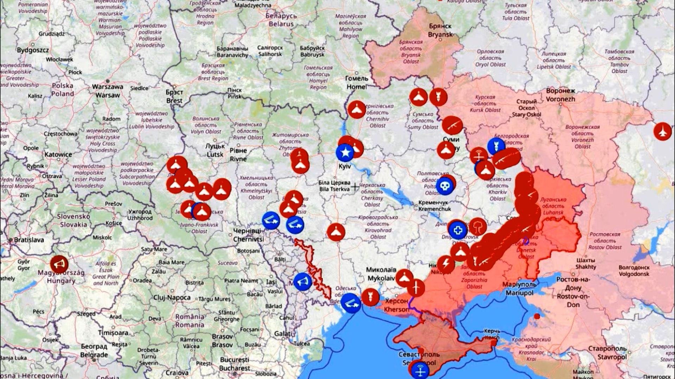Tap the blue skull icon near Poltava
(445, 186)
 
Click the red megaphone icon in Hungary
(59, 264)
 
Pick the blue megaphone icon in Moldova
(303, 281)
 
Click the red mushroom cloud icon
(478, 226)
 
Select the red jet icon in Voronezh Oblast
(662, 131)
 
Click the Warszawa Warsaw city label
(108, 91)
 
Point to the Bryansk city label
(440, 31)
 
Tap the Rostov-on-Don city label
(573, 292)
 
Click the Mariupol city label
(519, 288)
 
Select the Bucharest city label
(234, 364)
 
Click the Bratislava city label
(29, 240)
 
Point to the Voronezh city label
(560, 95)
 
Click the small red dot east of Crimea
(536, 316)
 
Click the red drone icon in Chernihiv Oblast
(356, 109)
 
